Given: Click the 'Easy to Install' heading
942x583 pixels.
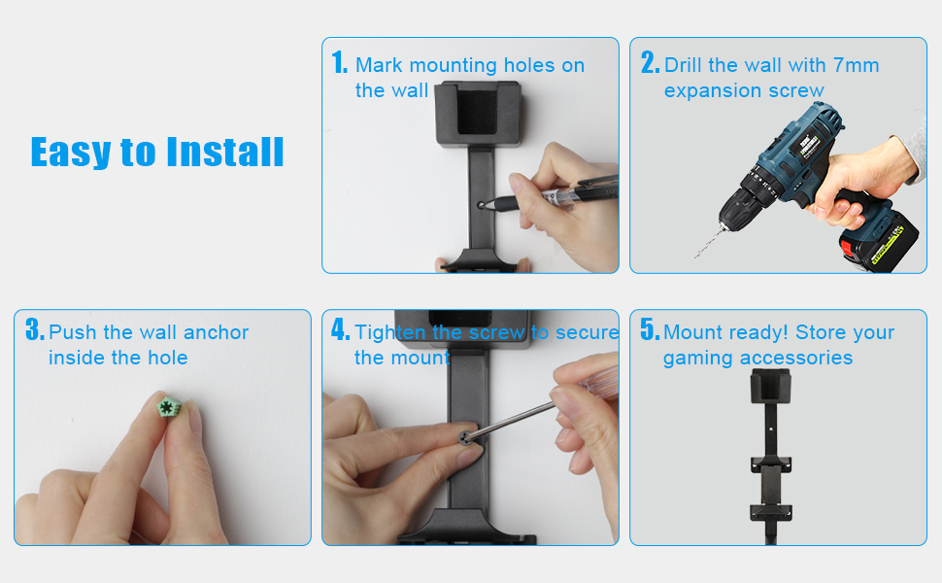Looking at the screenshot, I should pyautogui.click(x=157, y=153).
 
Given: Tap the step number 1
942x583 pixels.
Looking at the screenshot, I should pyautogui.click(x=339, y=64).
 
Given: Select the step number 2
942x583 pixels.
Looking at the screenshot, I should pyautogui.click(x=650, y=64).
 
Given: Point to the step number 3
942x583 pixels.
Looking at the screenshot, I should pyautogui.click(x=34, y=331).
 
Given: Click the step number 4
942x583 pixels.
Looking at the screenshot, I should pyautogui.click(x=340, y=331).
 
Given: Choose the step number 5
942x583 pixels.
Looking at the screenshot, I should pyautogui.click(x=650, y=331).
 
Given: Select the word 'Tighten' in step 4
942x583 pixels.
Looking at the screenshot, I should pyautogui.click(x=390, y=332).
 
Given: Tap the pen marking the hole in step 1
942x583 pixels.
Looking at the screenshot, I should pyautogui.click(x=544, y=198).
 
